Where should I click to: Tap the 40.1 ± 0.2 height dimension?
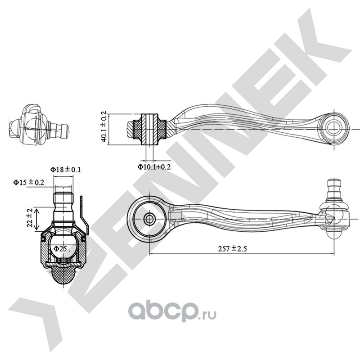point(103,127)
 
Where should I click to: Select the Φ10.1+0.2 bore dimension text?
point(154,167)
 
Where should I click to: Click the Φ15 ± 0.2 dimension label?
point(28,182)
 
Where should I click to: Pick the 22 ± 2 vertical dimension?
point(30,218)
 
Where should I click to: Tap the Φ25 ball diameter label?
point(60,248)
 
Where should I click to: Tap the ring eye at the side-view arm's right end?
point(334,127)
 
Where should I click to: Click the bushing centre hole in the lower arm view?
point(149,219)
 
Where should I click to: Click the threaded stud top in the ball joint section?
point(63,198)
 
